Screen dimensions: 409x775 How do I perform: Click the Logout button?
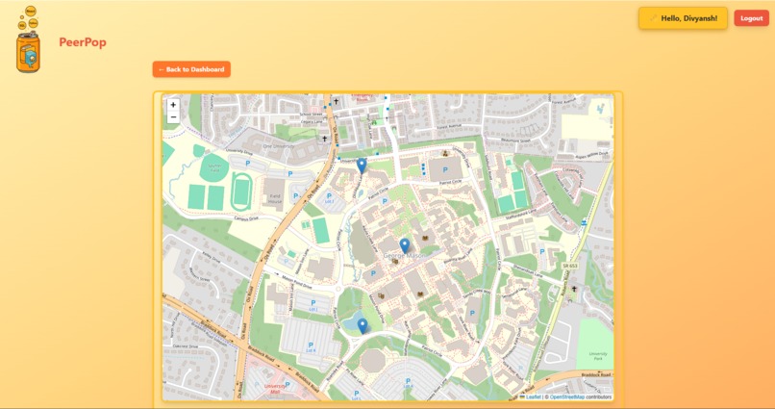click(751, 18)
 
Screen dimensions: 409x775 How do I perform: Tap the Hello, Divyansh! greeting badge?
click(683, 18)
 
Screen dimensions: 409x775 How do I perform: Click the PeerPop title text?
click(83, 42)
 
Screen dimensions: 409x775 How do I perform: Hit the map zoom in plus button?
click(173, 105)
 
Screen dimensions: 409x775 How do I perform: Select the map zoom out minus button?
click(173, 117)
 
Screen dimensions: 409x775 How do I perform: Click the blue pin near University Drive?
click(362, 166)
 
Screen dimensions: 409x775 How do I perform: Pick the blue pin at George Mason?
click(405, 246)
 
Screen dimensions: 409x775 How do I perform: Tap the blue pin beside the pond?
click(362, 326)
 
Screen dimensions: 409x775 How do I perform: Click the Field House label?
click(275, 199)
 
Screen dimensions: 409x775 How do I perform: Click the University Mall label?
click(276, 389)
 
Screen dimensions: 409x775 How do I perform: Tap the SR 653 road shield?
click(570, 266)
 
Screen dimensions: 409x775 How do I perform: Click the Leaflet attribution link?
click(534, 396)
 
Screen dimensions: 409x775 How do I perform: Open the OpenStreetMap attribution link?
click(566, 396)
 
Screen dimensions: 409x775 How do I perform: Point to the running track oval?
click(241, 190)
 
